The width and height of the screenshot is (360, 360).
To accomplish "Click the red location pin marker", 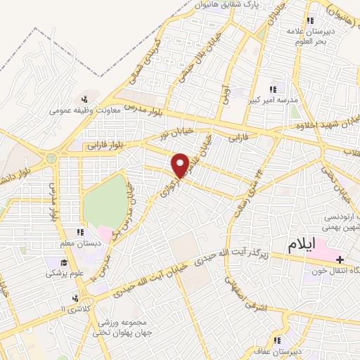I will point(181,165).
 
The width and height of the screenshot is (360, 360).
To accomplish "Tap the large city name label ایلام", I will point(312,245).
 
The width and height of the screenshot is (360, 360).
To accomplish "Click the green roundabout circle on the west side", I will point(51,159).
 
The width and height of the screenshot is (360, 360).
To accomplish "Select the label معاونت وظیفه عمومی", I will point(84,110).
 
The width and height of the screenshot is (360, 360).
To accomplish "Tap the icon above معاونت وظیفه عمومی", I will point(84,99).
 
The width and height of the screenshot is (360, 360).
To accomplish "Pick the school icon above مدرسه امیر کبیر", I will point(273,89).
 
